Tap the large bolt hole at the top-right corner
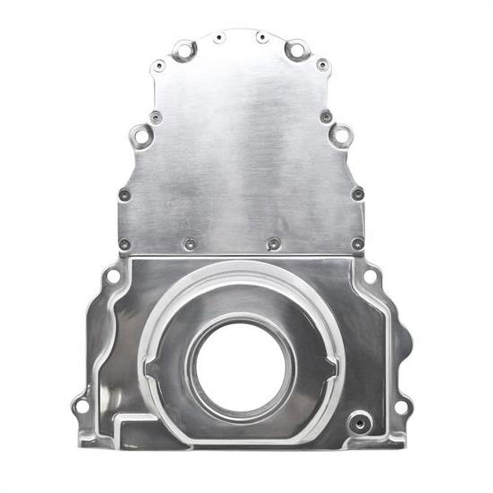(296, 48)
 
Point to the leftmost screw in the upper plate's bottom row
(125, 243)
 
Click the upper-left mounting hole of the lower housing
(114, 277)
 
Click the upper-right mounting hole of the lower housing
(370, 277)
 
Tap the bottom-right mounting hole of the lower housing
(402, 407)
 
